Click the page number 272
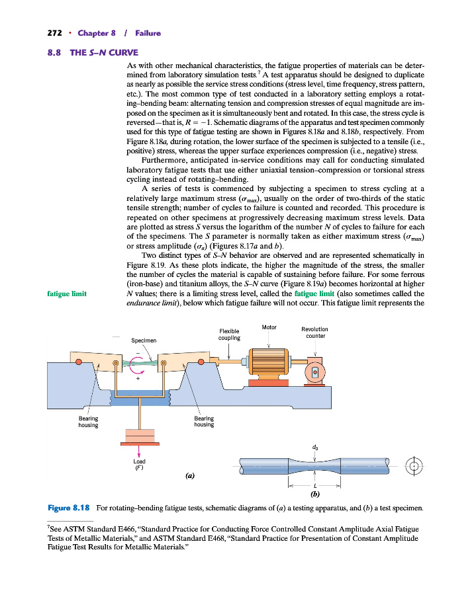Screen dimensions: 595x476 coord(54,33)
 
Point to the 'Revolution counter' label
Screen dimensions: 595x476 coord(314,332)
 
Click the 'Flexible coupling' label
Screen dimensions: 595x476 coord(228,335)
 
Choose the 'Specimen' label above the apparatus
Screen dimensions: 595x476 coord(144,340)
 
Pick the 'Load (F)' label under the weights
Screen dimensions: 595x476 coord(140,465)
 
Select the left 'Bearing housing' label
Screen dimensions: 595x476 coord(89,421)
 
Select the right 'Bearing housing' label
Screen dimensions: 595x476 coord(204,421)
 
